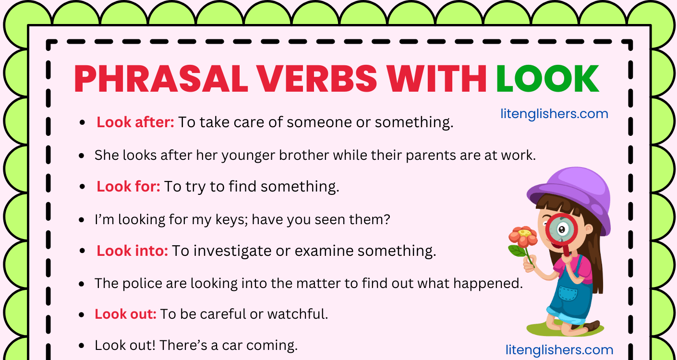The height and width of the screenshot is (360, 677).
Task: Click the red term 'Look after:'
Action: click(x=135, y=122)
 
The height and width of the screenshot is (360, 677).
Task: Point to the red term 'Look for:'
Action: click(x=128, y=186)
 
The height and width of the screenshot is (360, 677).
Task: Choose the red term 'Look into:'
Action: click(x=132, y=251)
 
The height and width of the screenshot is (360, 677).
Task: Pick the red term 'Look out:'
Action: click(x=125, y=314)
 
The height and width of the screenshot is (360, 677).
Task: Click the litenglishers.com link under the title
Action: click(x=554, y=114)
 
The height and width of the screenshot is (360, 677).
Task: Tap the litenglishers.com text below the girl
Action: click(x=559, y=350)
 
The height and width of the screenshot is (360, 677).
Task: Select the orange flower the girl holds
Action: click(x=522, y=237)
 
